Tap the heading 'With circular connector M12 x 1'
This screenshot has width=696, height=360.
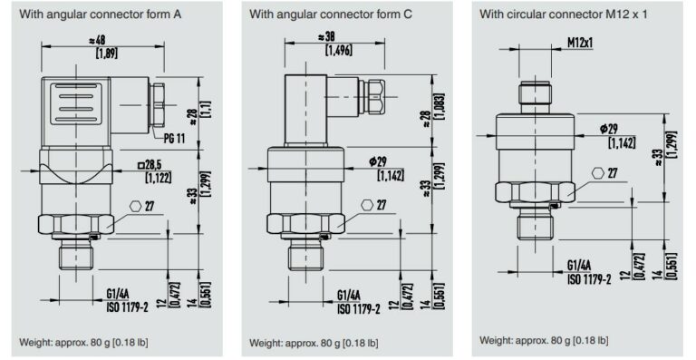click(x=557, y=15)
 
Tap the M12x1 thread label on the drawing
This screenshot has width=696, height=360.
click(x=581, y=43)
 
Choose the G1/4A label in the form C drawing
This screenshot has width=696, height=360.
click(x=349, y=295)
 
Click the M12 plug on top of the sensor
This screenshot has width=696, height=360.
click(x=535, y=93)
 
